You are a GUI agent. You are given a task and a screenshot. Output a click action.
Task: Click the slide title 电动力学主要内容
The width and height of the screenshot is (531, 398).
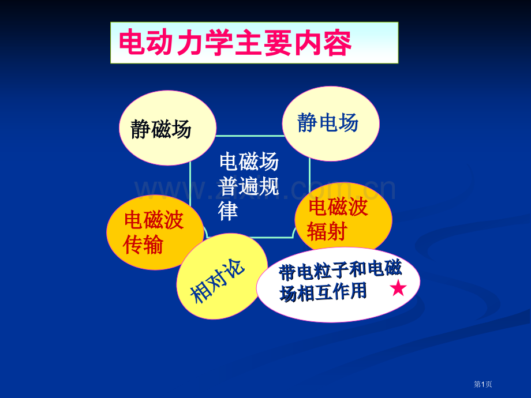click(234, 43)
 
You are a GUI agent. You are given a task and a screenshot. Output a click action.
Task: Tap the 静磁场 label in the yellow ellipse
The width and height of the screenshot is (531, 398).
click(160, 129)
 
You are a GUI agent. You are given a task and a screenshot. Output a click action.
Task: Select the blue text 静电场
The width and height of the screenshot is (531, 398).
click(328, 122)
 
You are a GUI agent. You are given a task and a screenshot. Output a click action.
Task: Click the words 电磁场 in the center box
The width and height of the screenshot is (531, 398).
click(249, 162)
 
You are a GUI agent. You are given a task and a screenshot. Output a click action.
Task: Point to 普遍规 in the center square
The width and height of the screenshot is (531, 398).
click(249, 186)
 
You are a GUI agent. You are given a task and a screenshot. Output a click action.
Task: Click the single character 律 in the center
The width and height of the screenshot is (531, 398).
click(229, 211)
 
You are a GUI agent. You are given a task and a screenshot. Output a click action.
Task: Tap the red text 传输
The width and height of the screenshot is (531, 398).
click(144, 245)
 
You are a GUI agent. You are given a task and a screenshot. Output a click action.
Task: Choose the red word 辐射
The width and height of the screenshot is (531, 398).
click(327, 231)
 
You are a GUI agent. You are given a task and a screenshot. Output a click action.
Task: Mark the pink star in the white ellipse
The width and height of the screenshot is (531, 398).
click(398, 288)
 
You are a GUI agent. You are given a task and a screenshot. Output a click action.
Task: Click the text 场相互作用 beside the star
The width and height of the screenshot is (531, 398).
click(324, 292)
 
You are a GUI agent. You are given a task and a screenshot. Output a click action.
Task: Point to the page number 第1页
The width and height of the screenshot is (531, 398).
click(483, 384)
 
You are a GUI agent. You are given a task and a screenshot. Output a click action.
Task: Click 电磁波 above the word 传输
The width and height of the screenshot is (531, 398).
click(154, 220)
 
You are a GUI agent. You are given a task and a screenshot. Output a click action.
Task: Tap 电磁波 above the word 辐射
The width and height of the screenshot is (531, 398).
click(338, 206)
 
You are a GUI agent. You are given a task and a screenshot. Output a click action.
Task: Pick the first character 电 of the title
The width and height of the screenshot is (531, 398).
click(132, 43)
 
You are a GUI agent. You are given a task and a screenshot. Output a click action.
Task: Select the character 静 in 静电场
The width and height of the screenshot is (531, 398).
click(308, 122)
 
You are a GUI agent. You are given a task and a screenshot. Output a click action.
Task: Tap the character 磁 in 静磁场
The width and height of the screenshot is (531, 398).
click(160, 129)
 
